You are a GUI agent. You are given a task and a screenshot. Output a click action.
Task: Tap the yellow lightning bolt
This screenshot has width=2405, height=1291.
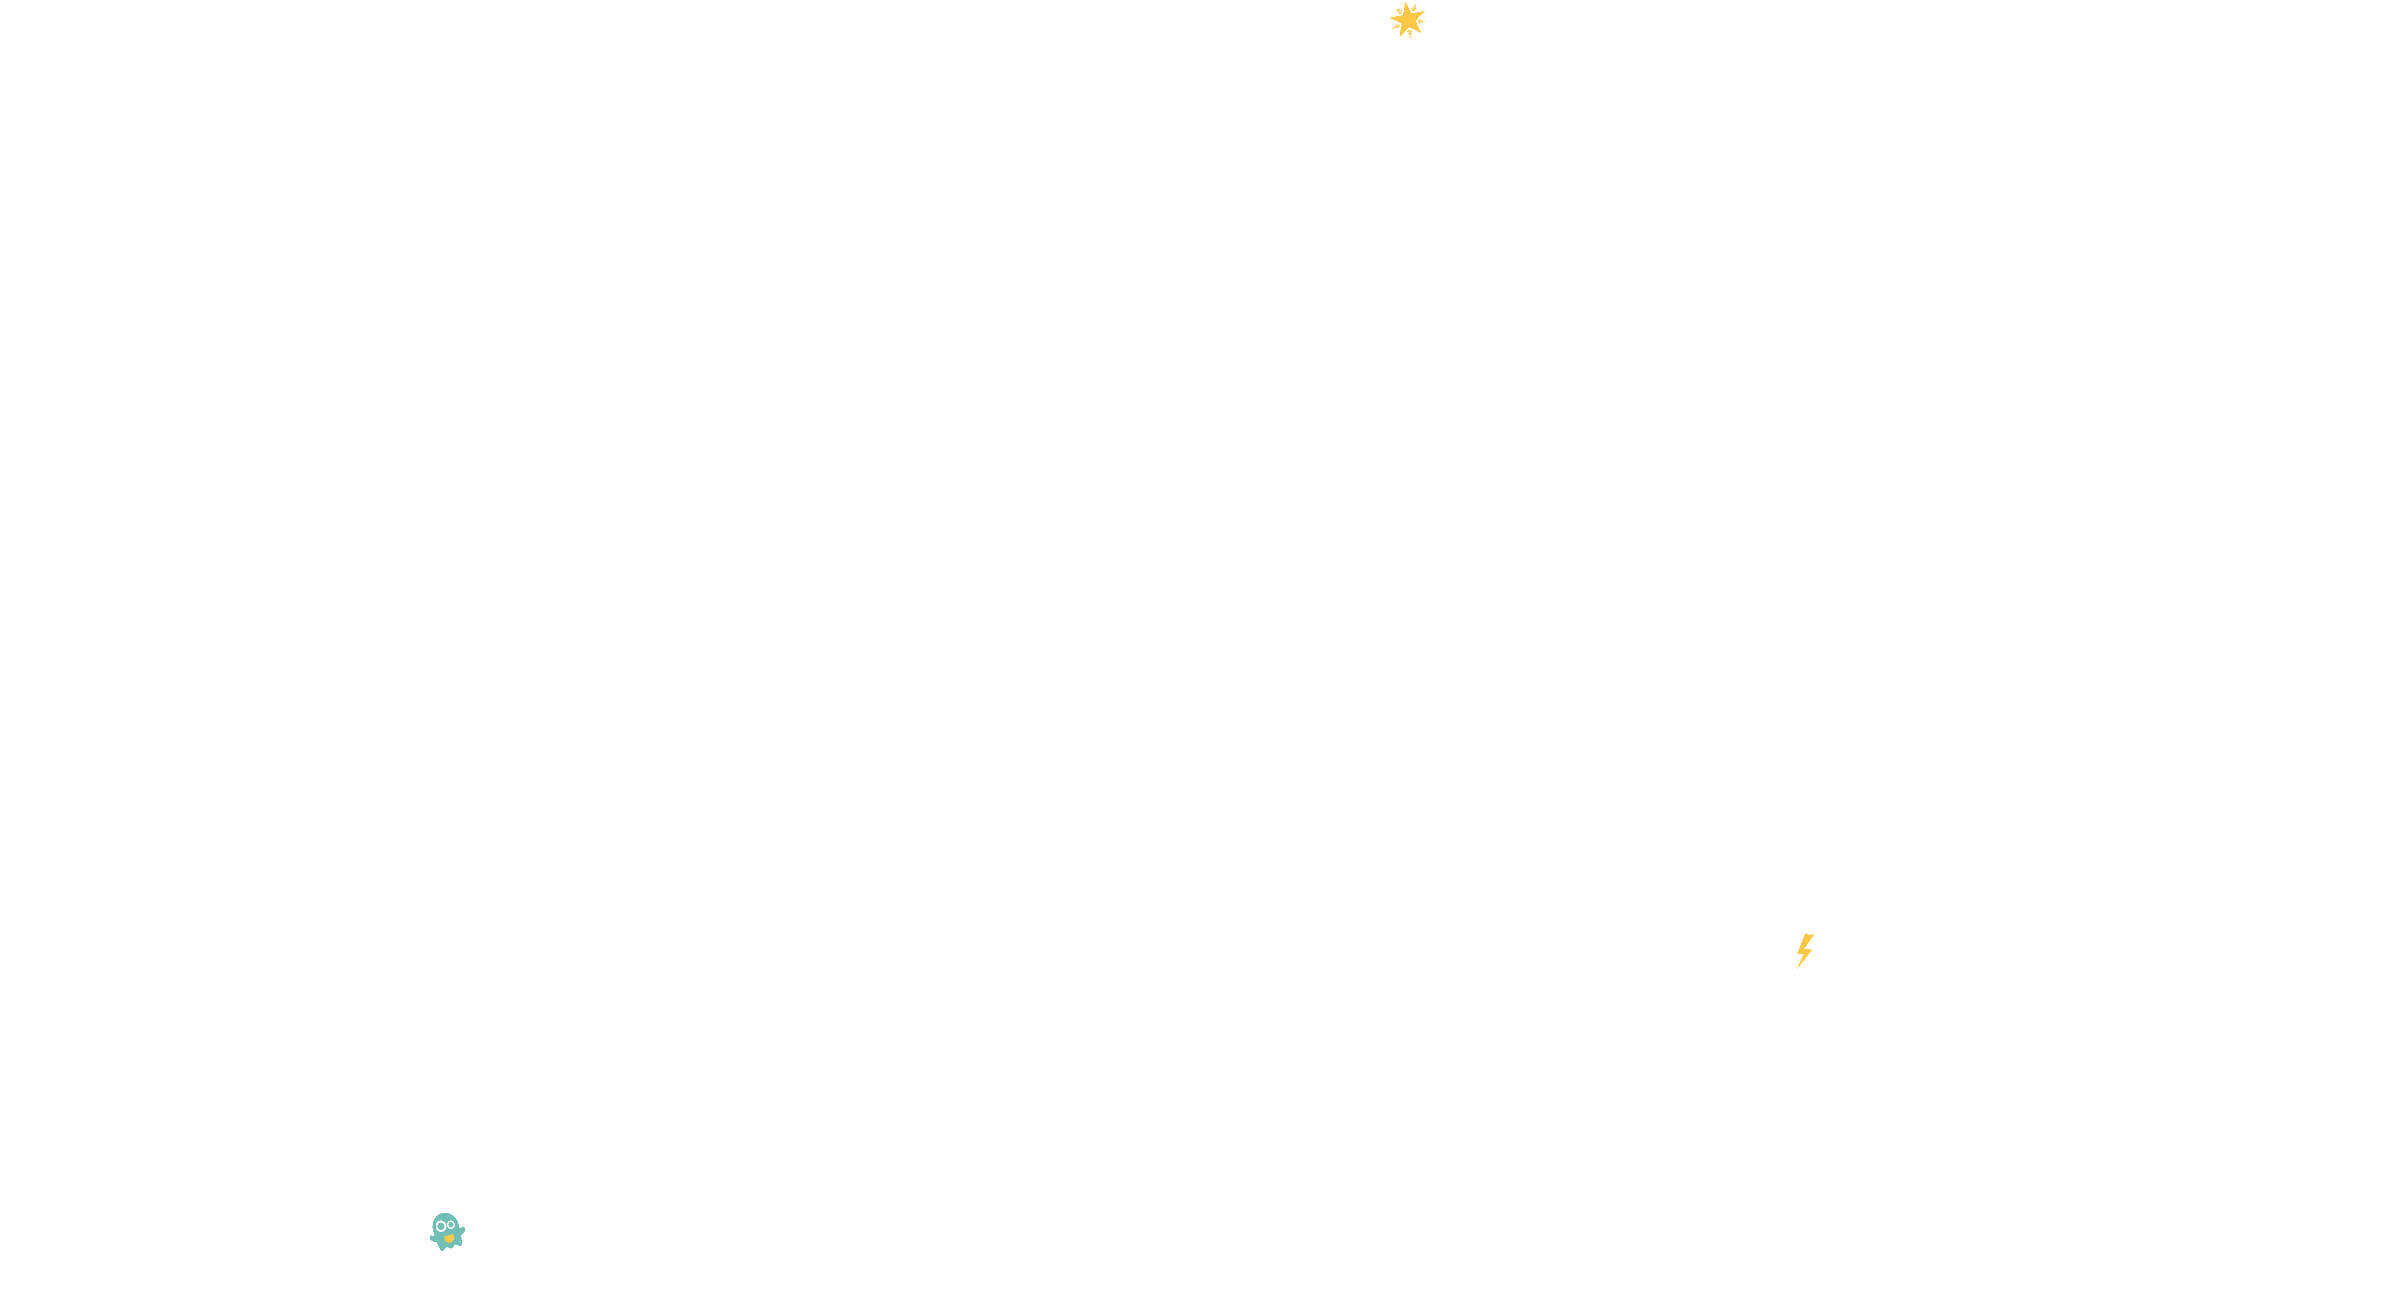[1805, 950]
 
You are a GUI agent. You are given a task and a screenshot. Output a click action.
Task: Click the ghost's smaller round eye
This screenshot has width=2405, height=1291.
[452, 1225]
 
